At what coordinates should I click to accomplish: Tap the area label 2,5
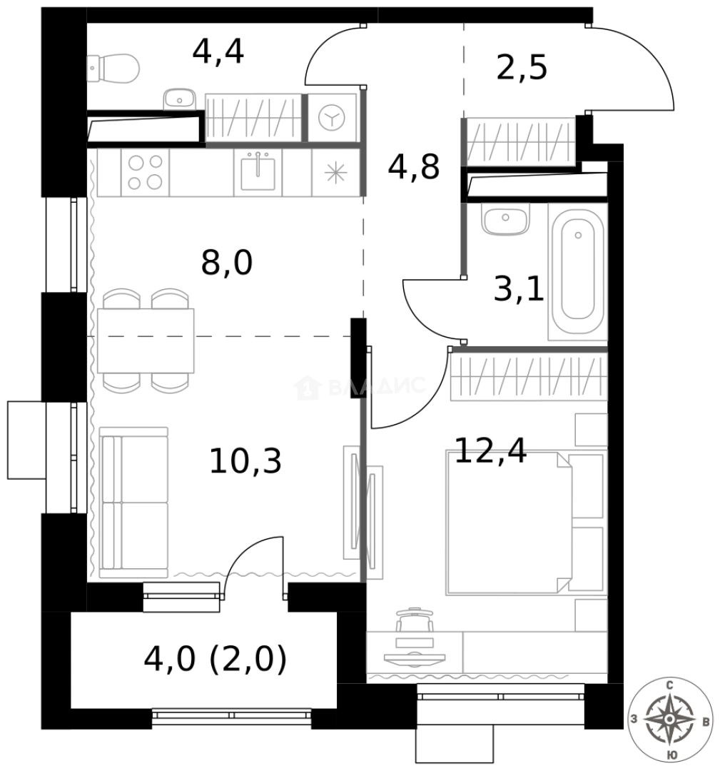coord(521,68)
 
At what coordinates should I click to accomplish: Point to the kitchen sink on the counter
coord(258,172)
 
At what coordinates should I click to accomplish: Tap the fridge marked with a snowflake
coord(335,173)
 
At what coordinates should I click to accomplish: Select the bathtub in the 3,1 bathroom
coord(577,271)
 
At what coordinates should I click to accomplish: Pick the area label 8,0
coord(227,263)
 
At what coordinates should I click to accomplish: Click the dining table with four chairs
coord(146,340)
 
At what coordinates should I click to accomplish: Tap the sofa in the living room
coord(133,502)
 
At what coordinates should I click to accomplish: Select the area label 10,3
coord(245,461)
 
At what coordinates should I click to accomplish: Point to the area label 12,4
coord(490,450)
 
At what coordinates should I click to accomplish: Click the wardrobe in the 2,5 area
coord(520,141)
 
